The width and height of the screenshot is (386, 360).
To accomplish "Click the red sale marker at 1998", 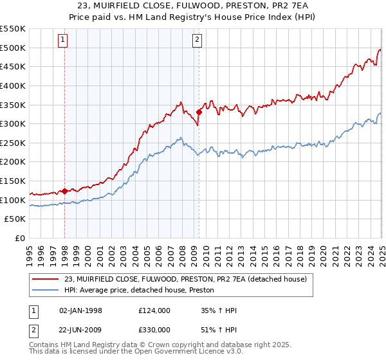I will point(65,191).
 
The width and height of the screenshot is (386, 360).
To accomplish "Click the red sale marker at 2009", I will point(199,112).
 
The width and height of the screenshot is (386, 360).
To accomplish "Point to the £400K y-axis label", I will point(13,85).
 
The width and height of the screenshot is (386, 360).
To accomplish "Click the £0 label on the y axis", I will point(21,239).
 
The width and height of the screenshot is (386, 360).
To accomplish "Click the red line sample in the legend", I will point(46,279).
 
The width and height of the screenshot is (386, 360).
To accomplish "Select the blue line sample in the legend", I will point(46,290).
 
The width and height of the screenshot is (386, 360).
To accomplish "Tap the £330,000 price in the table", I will point(154,329).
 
